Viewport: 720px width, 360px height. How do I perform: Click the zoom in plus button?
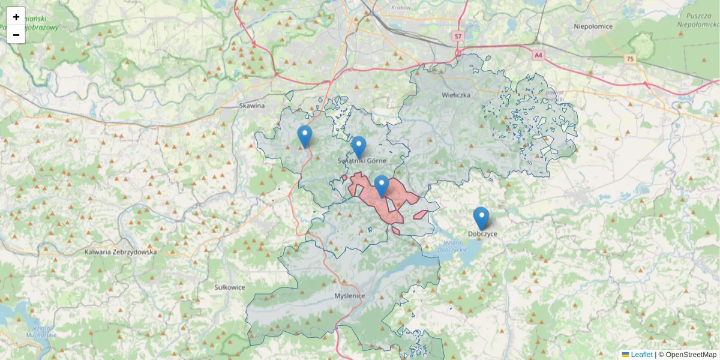click(x=16, y=17)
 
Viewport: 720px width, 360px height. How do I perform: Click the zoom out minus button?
click(x=16, y=35)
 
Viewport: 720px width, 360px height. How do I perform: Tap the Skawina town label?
click(x=252, y=106)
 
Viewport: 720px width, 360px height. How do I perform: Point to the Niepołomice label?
click(x=593, y=26)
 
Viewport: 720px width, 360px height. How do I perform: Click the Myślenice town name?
click(x=350, y=296)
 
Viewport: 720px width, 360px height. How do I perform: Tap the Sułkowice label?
click(x=230, y=287)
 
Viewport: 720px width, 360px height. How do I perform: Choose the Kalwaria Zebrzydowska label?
click(x=121, y=252)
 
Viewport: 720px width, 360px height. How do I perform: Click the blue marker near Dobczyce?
click(x=481, y=218)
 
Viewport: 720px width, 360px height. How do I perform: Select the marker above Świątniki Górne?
click(x=358, y=147)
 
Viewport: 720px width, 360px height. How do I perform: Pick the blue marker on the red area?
click(x=381, y=186)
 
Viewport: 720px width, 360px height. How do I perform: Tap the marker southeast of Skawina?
click(x=305, y=136)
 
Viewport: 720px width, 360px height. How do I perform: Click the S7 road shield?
click(x=458, y=37)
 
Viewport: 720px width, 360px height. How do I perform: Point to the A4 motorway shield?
click(x=538, y=55)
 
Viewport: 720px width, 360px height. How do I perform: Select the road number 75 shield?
click(x=629, y=59)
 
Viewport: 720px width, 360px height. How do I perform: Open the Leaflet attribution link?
click(x=641, y=355)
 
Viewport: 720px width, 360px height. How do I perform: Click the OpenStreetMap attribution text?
click(x=691, y=355)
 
